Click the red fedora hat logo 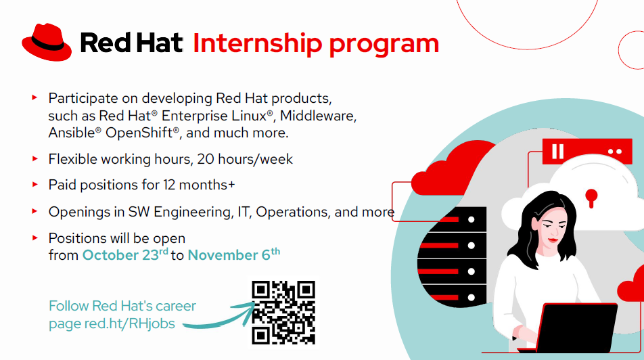click(47, 42)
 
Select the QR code click(283, 313)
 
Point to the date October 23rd click(125, 255)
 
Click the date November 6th click(234, 254)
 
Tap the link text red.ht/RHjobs click(130, 324)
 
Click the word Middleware click(318, 116)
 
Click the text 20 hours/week click(245, 159)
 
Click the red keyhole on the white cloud click(591, 198)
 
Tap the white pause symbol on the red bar click(557, 151)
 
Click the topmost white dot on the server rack click(471, 219)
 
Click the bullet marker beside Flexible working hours click(35, 158)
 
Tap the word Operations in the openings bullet click(292, 212)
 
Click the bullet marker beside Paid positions click(35, 185)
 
